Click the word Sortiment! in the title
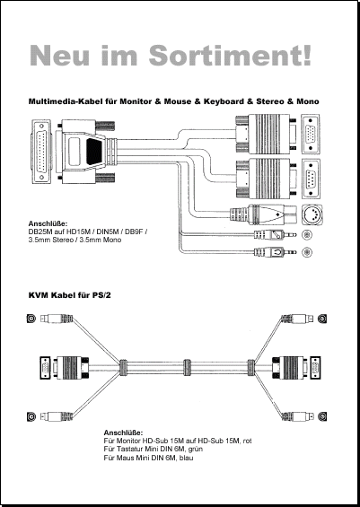pos(231,56)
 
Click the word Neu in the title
pos(59,56)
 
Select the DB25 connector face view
pos(41,152)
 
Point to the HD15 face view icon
pos(311,134)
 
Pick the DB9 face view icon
pos(311,179)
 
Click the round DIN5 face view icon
pos(311,214)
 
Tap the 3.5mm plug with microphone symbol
pos(275,234)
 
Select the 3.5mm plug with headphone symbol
pos(275,251)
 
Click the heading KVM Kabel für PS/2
pos(70,295)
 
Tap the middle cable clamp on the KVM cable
pos(187,367)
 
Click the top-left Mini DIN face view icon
pos(31,319)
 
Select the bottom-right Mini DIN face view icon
pos(322,416)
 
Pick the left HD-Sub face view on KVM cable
pos(45,368)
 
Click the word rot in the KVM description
pos(247,441)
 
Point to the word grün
pos(196,450)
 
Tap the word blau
pos(186,458)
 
